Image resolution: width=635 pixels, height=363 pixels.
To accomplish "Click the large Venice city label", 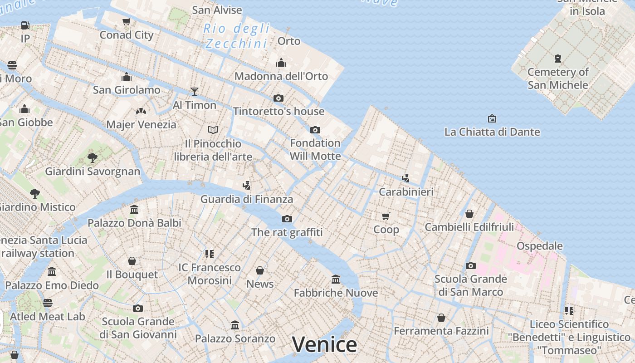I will [x=324, y=345].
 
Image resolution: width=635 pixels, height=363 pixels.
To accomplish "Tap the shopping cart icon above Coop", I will [x=386, y=216].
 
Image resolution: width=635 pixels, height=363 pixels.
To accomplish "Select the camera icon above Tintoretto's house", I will [x=278, y=98].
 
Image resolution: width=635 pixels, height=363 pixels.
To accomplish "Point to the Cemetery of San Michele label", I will [x=558, y=78].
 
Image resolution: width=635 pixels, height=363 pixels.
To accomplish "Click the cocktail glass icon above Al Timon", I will [x=195, y=92].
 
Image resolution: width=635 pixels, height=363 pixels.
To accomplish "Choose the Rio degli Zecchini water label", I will [x=237, y=36].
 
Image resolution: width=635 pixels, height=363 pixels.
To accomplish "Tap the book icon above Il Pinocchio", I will [x=213, y=130].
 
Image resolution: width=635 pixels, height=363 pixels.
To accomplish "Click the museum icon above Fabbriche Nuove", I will [x=336, y=279].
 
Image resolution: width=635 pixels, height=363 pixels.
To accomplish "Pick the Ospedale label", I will [x=540, y=246].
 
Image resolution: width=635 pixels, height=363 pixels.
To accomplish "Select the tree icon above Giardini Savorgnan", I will [x=93, y=158].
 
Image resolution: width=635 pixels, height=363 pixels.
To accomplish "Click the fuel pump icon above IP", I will [x=25, y=25].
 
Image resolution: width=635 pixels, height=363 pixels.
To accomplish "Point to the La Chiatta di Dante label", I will [x=492, y=132].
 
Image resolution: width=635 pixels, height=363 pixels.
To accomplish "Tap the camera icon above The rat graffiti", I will [x=287, y=219].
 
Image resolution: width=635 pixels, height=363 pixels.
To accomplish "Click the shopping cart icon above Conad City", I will [x=127, y=22].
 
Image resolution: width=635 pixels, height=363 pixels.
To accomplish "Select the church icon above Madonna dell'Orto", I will [x=281, y=63].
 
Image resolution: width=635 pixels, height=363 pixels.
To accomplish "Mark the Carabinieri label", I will [x=406, y=191].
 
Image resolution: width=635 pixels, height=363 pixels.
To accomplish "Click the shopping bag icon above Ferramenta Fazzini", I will [x=441, y=318].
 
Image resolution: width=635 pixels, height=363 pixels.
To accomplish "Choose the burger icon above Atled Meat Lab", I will [x=48, y=303].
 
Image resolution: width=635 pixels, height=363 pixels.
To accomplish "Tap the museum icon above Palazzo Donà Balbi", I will [x=134, y=209].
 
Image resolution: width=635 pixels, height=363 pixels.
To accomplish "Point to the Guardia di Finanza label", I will [x=247, y=199].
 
